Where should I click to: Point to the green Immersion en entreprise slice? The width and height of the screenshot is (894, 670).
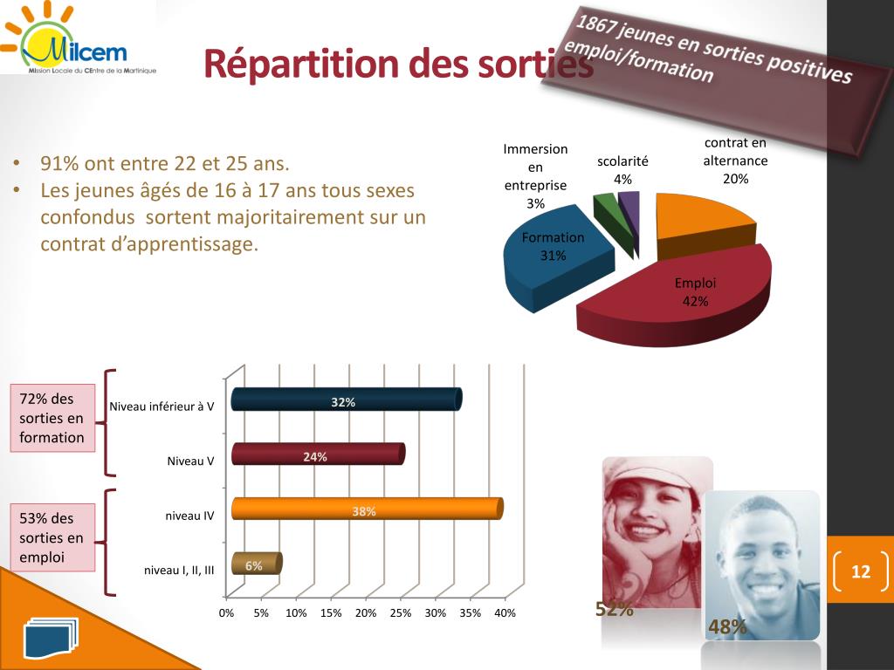click(x=605, y=208)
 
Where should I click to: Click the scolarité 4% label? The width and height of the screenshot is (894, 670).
click(x=622, y=170)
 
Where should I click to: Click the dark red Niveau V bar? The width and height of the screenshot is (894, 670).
click(x=318, y=454)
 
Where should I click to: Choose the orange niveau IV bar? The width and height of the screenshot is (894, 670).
click(x=367, y=509)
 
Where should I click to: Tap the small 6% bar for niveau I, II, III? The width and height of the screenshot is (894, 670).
click(x=256, y=564)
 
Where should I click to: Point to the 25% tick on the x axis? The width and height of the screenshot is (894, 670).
click(x=401, y=613)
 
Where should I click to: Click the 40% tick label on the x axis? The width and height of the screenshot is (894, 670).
click(x=505, y=613)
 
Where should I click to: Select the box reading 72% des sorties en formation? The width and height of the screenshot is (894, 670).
click(x=52, y=418)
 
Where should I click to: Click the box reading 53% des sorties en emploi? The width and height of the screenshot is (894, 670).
click(x=52, y=537)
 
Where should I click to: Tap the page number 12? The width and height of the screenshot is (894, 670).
click(x=861, y=571)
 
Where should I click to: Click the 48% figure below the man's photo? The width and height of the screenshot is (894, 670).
click(x=727, y=626)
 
